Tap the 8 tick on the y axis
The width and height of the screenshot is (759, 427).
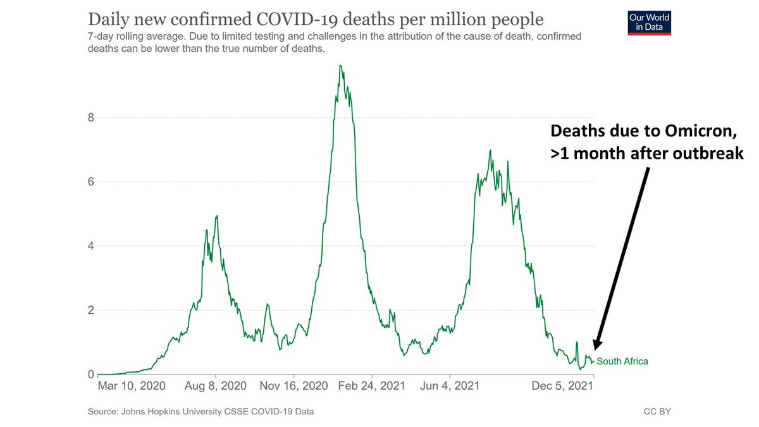90,118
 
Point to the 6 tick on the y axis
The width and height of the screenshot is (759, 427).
90,182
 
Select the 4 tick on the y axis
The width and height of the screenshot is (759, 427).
90,246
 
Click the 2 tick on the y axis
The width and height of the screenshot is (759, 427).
90,311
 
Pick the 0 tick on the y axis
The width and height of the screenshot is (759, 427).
90,374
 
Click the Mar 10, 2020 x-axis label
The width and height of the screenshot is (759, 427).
132,386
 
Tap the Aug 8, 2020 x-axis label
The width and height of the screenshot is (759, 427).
216,386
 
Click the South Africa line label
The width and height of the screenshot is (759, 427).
622,361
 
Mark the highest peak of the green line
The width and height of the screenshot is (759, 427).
340,66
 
